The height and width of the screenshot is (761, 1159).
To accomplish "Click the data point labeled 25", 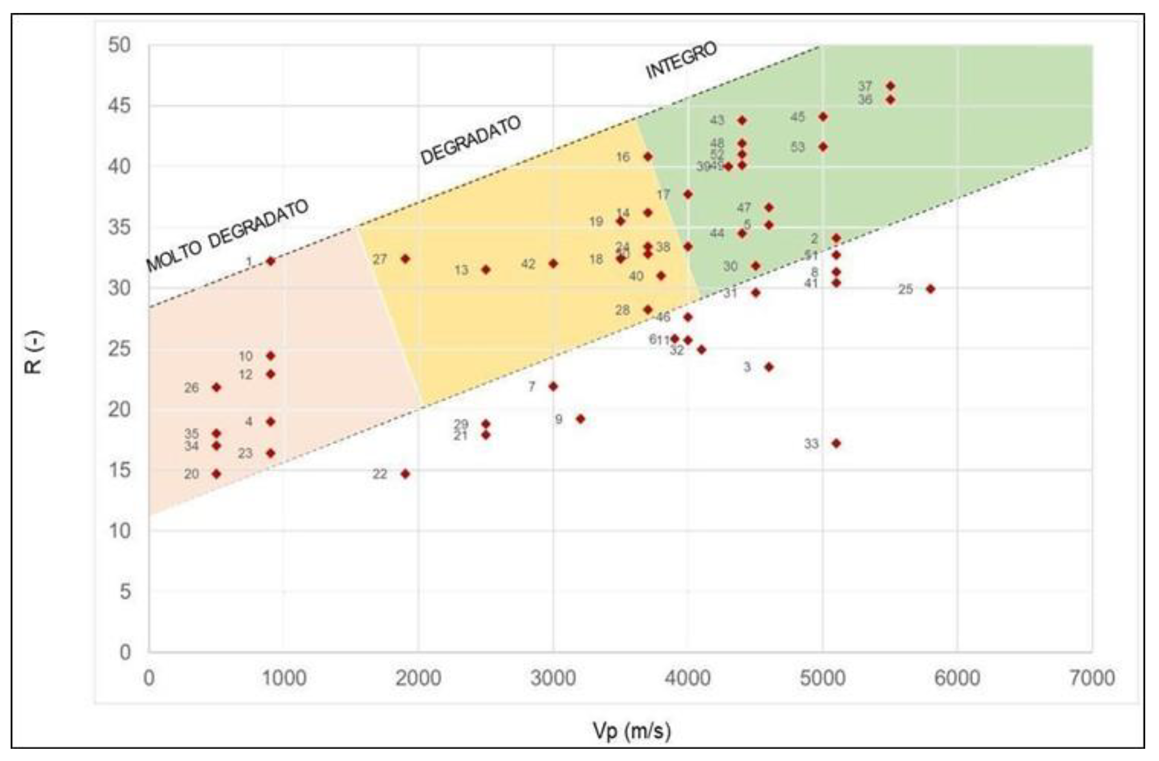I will (x=930, y=289).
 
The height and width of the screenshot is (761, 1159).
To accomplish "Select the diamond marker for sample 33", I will (x=836, y=443).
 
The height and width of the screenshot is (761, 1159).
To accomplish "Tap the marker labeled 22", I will (x=405, y=474).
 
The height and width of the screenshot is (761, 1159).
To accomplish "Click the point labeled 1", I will (x=271, y=261).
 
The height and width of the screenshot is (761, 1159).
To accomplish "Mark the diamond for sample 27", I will (x=405, y=259).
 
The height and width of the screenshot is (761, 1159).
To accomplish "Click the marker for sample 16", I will (x=648, y=157).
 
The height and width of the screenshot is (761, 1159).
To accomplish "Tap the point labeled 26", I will (x=217, y=387).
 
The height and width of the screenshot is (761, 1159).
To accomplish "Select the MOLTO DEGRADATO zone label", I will (x=227, y=236).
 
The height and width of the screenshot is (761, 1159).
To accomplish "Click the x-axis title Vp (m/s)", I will (x=632, y=731).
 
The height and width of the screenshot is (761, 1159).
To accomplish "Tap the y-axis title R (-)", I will (x=33, y=352).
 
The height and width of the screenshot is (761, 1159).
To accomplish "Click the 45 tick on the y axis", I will (x=120, y=106).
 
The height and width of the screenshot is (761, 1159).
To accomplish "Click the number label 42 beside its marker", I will (x=528, y=264).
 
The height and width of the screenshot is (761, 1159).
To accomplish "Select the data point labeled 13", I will (x=486, y=270).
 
